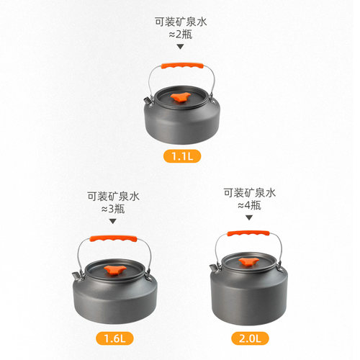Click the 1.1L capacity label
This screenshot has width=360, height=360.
pos(181,156)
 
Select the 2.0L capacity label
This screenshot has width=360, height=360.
pos(248,338)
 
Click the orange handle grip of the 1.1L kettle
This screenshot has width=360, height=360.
pos(181,65)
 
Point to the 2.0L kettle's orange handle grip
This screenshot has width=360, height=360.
pos(248,233)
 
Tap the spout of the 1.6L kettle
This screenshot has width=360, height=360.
pos(76,275)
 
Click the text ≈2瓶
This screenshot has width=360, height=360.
pos(180,34)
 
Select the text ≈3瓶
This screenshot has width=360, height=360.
pos(112,209)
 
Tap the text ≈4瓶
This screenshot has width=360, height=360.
pos(248,206)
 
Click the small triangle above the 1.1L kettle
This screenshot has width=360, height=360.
pos(180,47)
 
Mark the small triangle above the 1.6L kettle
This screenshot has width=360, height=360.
pos(112,222)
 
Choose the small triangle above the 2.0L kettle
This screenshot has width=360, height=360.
pos(248,220)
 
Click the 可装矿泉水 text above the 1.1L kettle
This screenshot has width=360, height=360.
pos(180,21)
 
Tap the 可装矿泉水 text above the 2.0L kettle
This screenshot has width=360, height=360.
pos(248,192)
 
